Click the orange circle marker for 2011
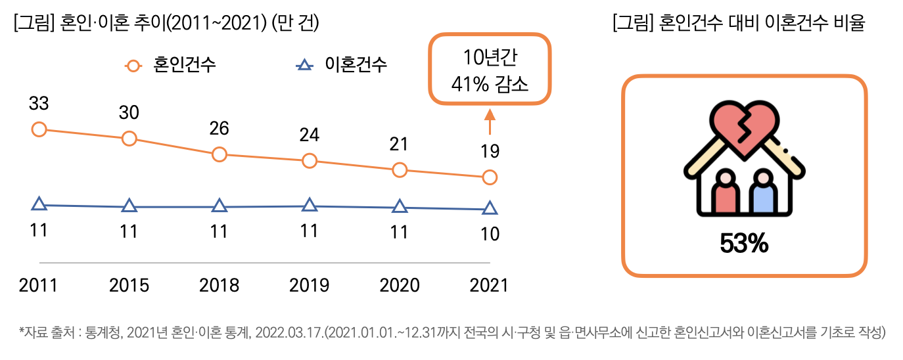click(39, 129)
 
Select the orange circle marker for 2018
click(220, 155)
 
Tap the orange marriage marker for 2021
click(490, 177)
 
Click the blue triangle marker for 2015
click(129, 207)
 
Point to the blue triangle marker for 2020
click(400, 207)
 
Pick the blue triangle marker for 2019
click(310, 206)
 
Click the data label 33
click(39, 104)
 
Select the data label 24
click(310, 135)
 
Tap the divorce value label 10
click(490, 234)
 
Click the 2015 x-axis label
click(129, 286)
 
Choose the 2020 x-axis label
click(400, 286)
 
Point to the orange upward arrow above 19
click(490, 123)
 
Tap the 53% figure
click(743, 245)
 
